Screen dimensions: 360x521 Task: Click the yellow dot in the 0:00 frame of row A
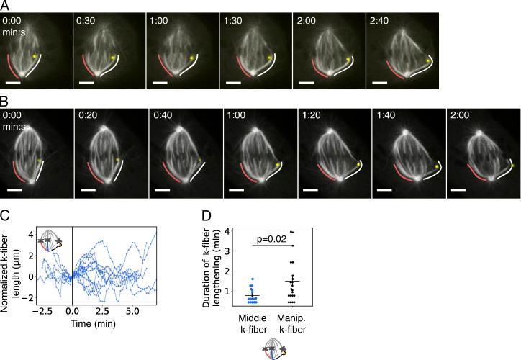pos(34,55)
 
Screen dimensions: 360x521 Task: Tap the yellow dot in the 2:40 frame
pos(427,61)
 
